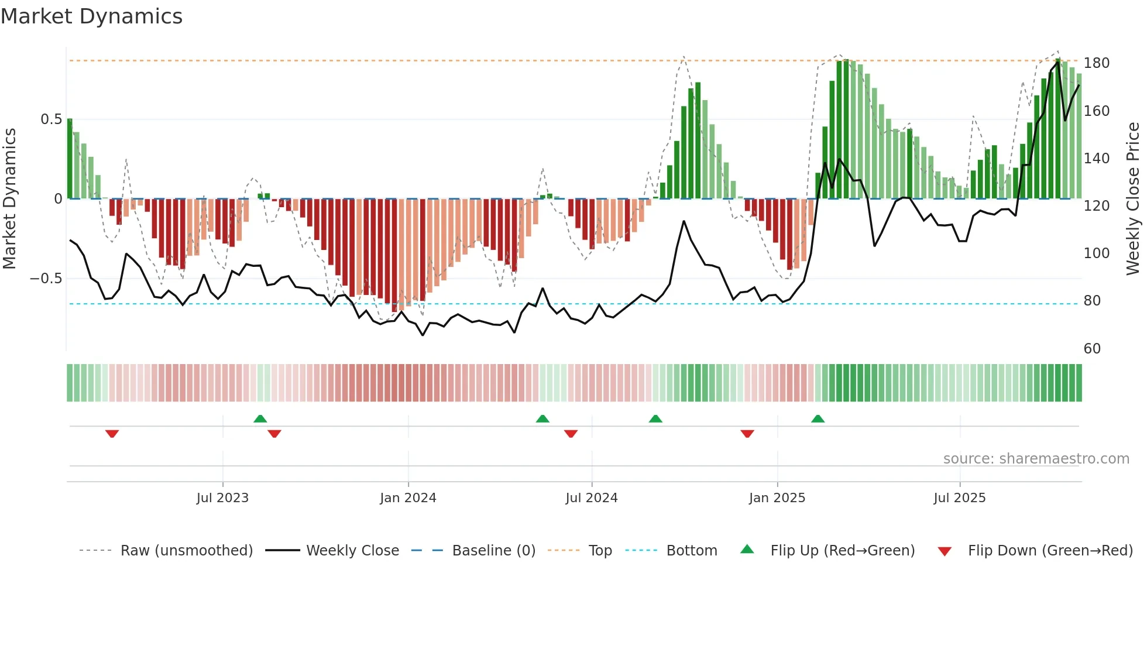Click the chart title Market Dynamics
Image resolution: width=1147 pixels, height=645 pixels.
coord(91,16)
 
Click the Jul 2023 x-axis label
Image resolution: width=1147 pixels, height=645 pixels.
coord(222,498)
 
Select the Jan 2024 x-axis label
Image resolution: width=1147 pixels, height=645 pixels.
coord(408,498)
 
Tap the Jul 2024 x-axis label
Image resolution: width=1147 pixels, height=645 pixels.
coord(591,498)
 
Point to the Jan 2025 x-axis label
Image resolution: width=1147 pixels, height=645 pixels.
coord(777,498)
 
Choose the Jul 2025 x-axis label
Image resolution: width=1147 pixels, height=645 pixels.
coord(959,498)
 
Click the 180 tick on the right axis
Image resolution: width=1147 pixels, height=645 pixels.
coord(1096,63)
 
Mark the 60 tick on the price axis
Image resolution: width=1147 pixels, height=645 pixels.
coord(1092,349)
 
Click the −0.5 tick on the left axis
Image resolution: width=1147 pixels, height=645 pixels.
coord(46,279)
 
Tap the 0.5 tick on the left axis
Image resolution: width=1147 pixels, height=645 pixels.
coord(51,119)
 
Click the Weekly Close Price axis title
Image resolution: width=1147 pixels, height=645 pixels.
coord(1133,199)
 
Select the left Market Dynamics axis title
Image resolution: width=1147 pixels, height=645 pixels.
coord(9,199)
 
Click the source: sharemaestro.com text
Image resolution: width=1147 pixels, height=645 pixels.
coord(1036,459)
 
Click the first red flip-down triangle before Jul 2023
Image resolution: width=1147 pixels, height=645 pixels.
coord(112,433)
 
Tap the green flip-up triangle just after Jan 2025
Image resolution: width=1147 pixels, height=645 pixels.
coord(818,419)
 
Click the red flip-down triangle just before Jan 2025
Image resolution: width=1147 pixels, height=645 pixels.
coord(747,433)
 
